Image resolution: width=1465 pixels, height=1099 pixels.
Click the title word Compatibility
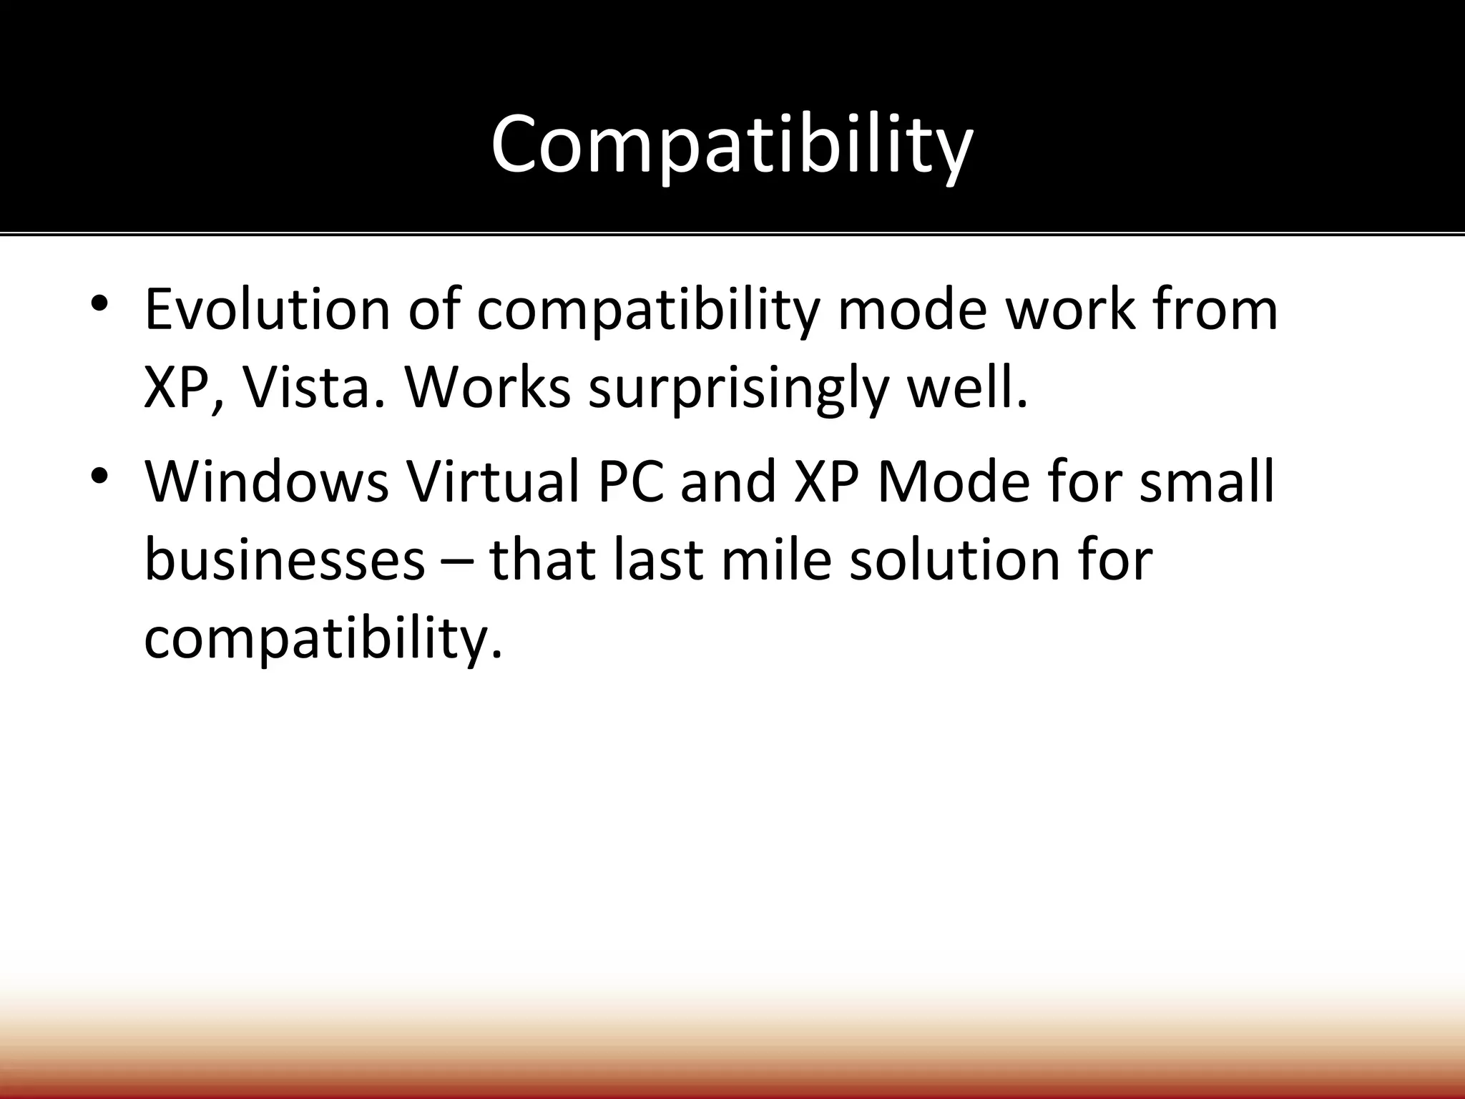pos(731,146)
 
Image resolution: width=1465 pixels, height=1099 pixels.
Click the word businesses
pos(285,560)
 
